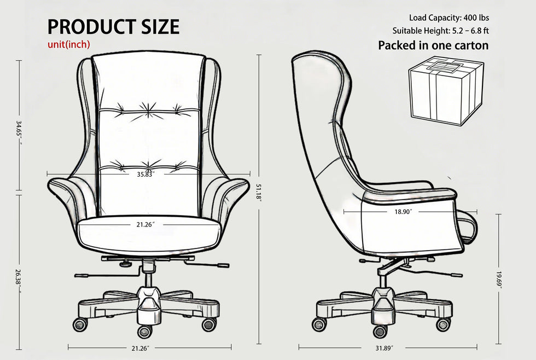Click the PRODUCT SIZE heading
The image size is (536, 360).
(x=113, y=27)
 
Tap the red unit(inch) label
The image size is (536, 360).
(x=69, y=44)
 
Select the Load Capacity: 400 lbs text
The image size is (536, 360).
(x=449, y=18)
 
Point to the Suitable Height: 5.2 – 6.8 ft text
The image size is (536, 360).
(x=441, y=31)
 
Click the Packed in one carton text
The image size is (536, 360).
(x=433, y=45)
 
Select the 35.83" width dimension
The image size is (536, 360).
(x=146, y=175)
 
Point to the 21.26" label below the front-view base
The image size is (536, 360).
(x=141, y=349)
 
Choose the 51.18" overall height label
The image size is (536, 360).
(x=259, y=193)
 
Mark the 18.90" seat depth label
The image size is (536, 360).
(x=404, y=212)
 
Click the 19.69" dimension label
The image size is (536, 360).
(x=499, y=280)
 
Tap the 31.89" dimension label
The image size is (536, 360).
(x=384, y=349)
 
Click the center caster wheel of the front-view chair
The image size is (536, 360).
(x=145, y=331)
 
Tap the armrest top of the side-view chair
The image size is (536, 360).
(x=410, y=194)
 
